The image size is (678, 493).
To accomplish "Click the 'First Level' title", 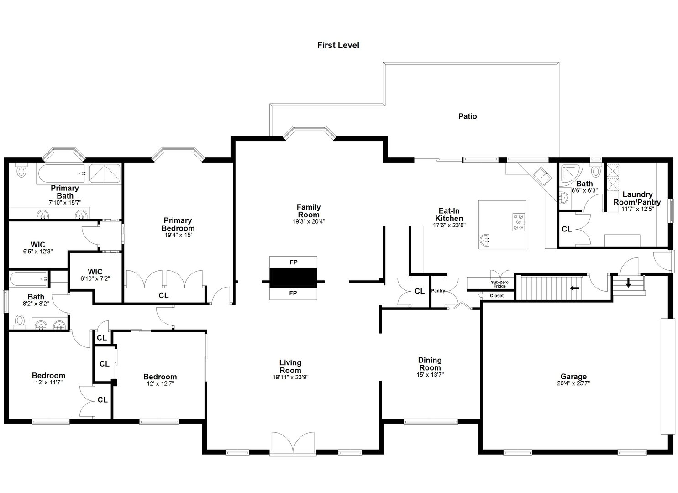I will click(338, 45).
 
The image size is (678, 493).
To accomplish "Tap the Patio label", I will click(468, 116).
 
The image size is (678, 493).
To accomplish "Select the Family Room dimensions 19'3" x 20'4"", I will click(309, 221).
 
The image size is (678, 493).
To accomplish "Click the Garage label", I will click(573, 377).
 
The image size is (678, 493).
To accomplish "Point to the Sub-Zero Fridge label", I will click(499, 284).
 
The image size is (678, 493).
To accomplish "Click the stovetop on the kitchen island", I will click(519, 221).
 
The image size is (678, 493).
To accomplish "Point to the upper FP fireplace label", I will click(293, 262).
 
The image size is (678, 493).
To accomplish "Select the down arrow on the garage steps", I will click(628, 283).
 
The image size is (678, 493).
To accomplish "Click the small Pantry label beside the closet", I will click(438, 291).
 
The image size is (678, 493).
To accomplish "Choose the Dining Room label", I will click(430, 364).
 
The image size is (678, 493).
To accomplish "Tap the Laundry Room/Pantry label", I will click(637, 198).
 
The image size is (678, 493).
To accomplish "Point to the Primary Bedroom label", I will click(178, 224).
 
